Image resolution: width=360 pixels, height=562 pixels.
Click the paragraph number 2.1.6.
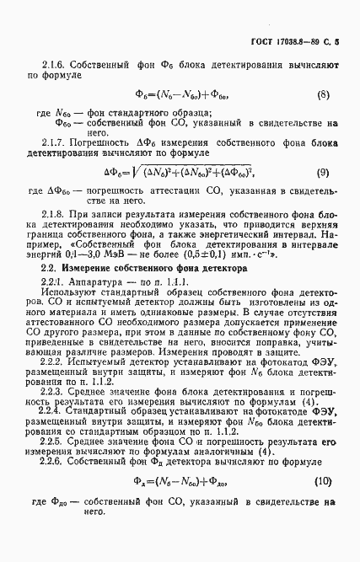pyautogui.click(x=56, y=64)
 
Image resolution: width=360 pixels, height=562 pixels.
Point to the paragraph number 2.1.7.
pyautogui.click(x=56, y=144)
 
